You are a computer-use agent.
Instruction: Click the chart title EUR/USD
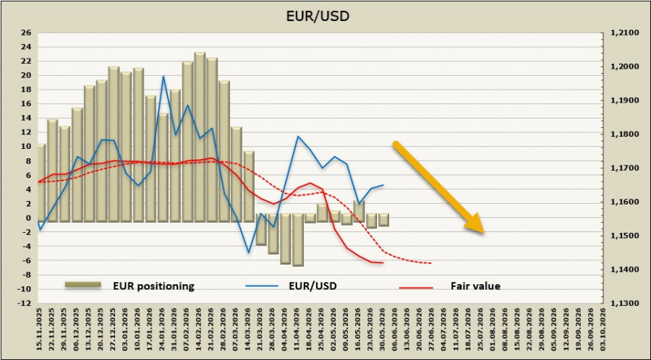(318, 16)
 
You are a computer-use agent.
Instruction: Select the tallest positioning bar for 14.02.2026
(200, 137)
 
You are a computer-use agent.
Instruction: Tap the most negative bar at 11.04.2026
(298, 240)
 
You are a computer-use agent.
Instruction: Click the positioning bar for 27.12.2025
(114, 145)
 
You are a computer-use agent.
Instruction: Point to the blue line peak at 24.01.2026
(163, 76)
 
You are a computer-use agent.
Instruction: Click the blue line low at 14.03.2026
(249, 252)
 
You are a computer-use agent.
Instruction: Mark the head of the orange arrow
(484, 233)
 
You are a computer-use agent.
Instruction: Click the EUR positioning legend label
(153, 286)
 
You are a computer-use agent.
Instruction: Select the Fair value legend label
(475, 286)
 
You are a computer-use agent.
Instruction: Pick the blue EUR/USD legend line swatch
(261, 286)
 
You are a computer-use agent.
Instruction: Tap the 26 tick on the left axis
(26, 33)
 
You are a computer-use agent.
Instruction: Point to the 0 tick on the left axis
(29, 218)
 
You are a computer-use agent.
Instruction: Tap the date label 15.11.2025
(41, 330)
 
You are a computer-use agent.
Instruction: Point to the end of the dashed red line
(432, 263)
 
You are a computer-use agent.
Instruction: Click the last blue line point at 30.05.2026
(383, 185)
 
